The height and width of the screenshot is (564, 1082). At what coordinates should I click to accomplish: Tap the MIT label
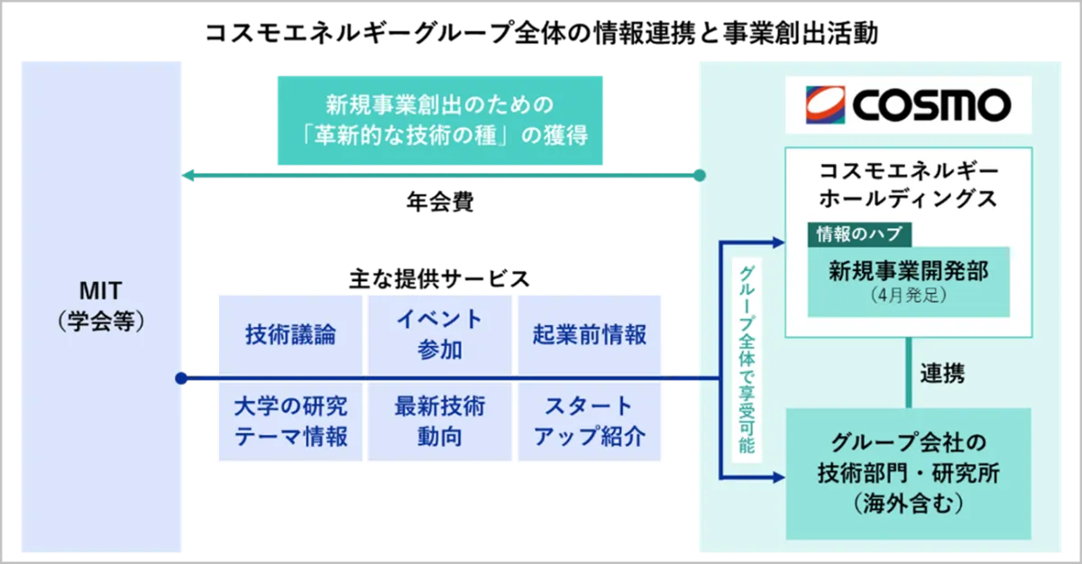[x=99, y=291]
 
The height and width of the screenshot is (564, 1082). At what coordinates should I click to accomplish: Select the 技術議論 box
[x=290, y=334]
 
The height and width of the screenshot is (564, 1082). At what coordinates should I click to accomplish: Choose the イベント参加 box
[x=440, y=334]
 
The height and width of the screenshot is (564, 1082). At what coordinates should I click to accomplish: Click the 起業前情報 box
[x=590, y=334]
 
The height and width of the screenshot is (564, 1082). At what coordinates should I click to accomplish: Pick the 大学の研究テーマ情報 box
[x=290, y=422]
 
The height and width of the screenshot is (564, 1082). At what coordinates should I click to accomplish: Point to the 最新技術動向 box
[x=440, y=422]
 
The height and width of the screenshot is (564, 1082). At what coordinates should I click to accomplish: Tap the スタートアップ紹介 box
[x=590, y=422]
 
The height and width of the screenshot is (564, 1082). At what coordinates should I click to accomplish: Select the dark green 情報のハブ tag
[x=858, y=234]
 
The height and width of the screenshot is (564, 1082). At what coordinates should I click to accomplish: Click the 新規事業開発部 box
[x=908, y=280]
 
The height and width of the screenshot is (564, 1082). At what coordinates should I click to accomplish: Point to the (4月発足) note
[x=908, y=296]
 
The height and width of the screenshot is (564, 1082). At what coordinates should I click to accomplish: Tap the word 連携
[x=942, y=373]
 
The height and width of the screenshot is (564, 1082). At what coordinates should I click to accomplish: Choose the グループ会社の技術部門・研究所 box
[x=908, y=473]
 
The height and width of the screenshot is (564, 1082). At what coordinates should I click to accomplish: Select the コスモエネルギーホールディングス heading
[x=908, y=184]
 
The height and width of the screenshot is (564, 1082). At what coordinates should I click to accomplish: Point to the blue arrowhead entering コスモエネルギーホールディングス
[x=778, y=241]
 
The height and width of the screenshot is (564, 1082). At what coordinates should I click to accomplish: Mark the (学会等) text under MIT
[x=99, y=321]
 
